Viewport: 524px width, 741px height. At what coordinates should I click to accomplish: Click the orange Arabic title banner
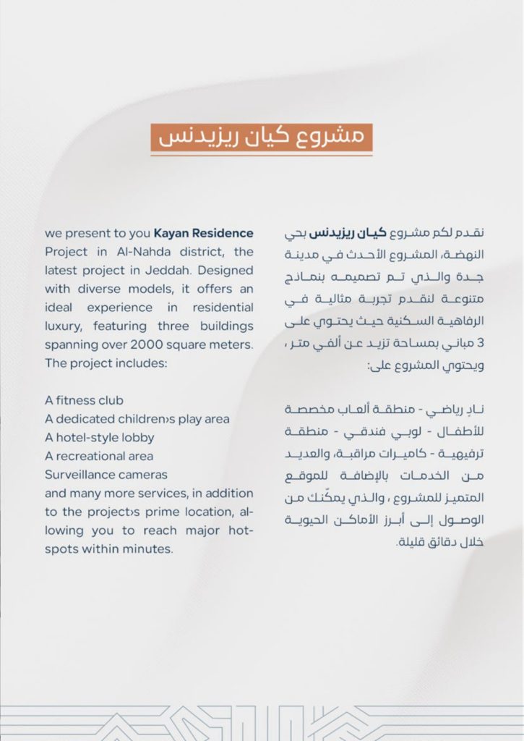(x=262, y=137)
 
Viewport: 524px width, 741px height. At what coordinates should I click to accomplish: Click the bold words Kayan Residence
(x=203, y=234)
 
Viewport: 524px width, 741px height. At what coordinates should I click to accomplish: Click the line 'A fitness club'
(x=84, y=400)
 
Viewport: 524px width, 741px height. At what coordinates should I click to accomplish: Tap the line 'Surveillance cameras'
(x=106, y=475)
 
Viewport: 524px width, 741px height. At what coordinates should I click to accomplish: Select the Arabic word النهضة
(x=462, y=253)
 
